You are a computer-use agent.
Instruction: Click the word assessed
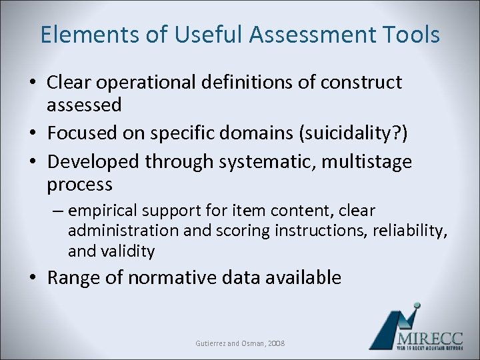coord(84,105)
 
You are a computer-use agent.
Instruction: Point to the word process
coord(80,183)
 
